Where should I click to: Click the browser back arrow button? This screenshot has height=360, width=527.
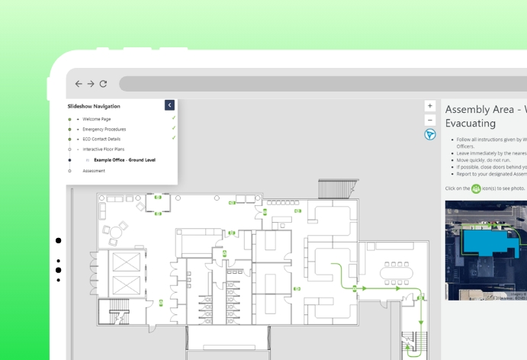pyautogui.click(x=78, y=84)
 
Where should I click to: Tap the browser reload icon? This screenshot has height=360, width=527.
pyautogui.click(x=103, y=84)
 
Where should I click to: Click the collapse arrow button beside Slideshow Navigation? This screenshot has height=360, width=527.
pyautogui.click(x=169, y=105)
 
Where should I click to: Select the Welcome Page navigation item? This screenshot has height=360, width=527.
pyautogui.click(x=96, y=119)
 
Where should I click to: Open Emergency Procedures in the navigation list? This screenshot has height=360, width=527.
pyautogui.click(x=104, y=129)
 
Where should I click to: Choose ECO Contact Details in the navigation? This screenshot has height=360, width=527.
pyautogui.click(x=101, y=139)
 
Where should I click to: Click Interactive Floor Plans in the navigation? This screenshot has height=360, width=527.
pyautogui.click(x=104, y=149)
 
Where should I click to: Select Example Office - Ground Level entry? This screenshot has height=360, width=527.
pyautogui.click(x=124, y=160)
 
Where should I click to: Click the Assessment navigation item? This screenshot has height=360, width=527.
pyautogui.click(x=94, y=171)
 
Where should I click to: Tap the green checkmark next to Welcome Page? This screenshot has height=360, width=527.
pyautogui.click(x=174, y=118)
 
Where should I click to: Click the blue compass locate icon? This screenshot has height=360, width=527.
pyautogui.click(x=430, y=134)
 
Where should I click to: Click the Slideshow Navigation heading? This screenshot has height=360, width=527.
pyautogui.click(x=94, y=106)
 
